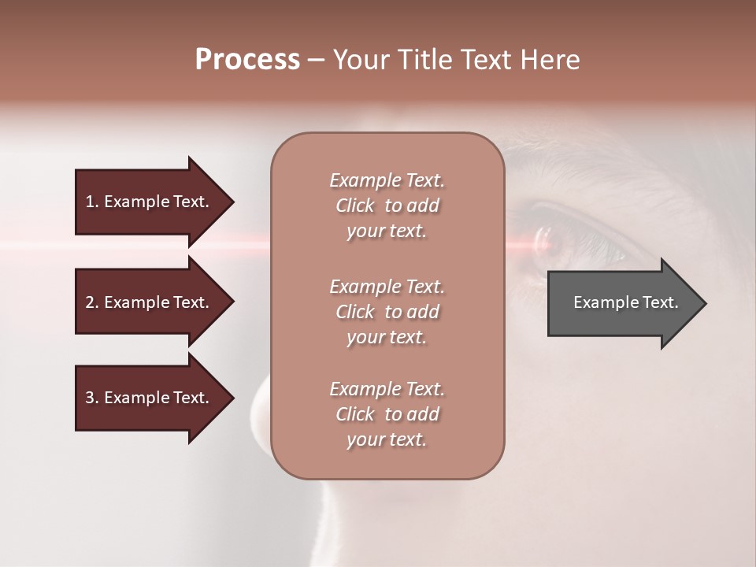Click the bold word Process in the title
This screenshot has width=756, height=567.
point(247,60)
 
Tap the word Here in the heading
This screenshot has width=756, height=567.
point(550,60)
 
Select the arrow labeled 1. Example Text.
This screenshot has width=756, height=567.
point(150,202)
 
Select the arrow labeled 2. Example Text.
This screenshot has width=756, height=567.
point(150,302)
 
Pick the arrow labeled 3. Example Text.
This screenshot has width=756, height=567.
point(150,398)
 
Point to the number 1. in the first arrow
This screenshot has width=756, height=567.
point(92,202)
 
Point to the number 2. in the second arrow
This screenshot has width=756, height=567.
point(92,302)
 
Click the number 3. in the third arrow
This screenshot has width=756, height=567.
point(92,398)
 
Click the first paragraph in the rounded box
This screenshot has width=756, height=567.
point(387,206)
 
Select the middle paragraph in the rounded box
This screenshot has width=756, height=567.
point(387,312)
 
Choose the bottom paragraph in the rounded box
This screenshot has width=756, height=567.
point(387,414)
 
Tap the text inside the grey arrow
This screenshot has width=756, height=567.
point(625,302)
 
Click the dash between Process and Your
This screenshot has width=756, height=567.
point(316,61)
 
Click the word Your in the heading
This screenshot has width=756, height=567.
point(362,60)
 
